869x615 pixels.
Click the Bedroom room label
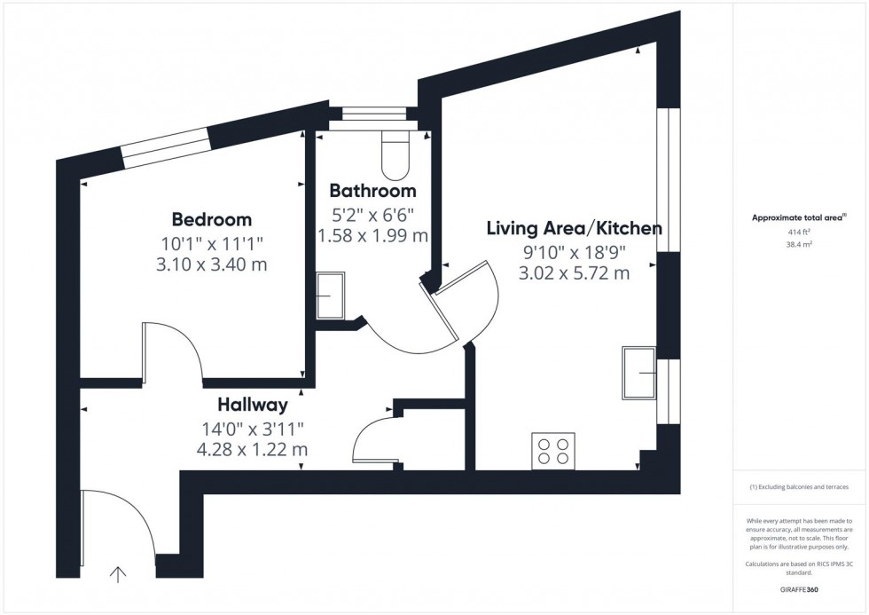211,219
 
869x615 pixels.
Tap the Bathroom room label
372,191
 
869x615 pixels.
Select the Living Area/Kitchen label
574,228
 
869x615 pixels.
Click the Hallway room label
253,406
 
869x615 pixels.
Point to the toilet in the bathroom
393,155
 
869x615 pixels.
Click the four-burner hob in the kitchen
552,451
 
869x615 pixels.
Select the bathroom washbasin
330,295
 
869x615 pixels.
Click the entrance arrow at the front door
117,575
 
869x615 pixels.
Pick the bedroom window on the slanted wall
166,149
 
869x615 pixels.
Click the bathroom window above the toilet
373,114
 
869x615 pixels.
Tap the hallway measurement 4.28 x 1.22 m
253,450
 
